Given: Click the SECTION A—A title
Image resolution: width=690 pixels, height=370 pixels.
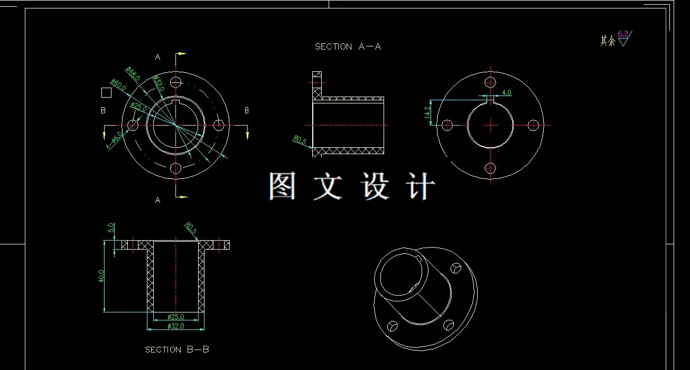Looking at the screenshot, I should point(348,46).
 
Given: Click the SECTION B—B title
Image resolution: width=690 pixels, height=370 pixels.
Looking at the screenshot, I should point(177,349).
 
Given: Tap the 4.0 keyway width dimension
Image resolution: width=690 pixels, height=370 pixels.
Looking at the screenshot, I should point(506,93).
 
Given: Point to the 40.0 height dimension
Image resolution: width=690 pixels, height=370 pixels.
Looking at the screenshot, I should point(101,276).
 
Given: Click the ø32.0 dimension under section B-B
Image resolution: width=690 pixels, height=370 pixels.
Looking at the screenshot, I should point(175,326).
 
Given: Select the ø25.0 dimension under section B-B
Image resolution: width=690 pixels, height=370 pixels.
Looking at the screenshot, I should point(175,317).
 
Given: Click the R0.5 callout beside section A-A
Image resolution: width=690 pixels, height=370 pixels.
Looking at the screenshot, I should point(300,140).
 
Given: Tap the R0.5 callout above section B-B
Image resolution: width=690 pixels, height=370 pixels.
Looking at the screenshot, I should point(191,228).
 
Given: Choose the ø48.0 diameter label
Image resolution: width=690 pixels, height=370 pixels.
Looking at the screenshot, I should point(133,73).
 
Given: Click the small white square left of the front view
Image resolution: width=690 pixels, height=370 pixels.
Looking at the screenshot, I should point(106,93).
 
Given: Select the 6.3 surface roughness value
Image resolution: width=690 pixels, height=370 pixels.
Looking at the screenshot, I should point(623,34).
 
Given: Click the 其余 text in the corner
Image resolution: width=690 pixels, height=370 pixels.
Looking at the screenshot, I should point(608,41).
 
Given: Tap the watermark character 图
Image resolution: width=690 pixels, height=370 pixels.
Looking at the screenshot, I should point(282,186).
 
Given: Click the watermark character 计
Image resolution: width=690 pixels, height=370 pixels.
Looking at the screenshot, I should point(421,186).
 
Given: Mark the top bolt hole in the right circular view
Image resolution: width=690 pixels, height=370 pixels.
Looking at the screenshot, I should point(491,82).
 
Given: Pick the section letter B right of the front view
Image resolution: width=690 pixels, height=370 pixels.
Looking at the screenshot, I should point(246,110).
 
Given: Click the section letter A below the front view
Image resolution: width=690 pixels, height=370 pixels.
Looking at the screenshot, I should point(157,200).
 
